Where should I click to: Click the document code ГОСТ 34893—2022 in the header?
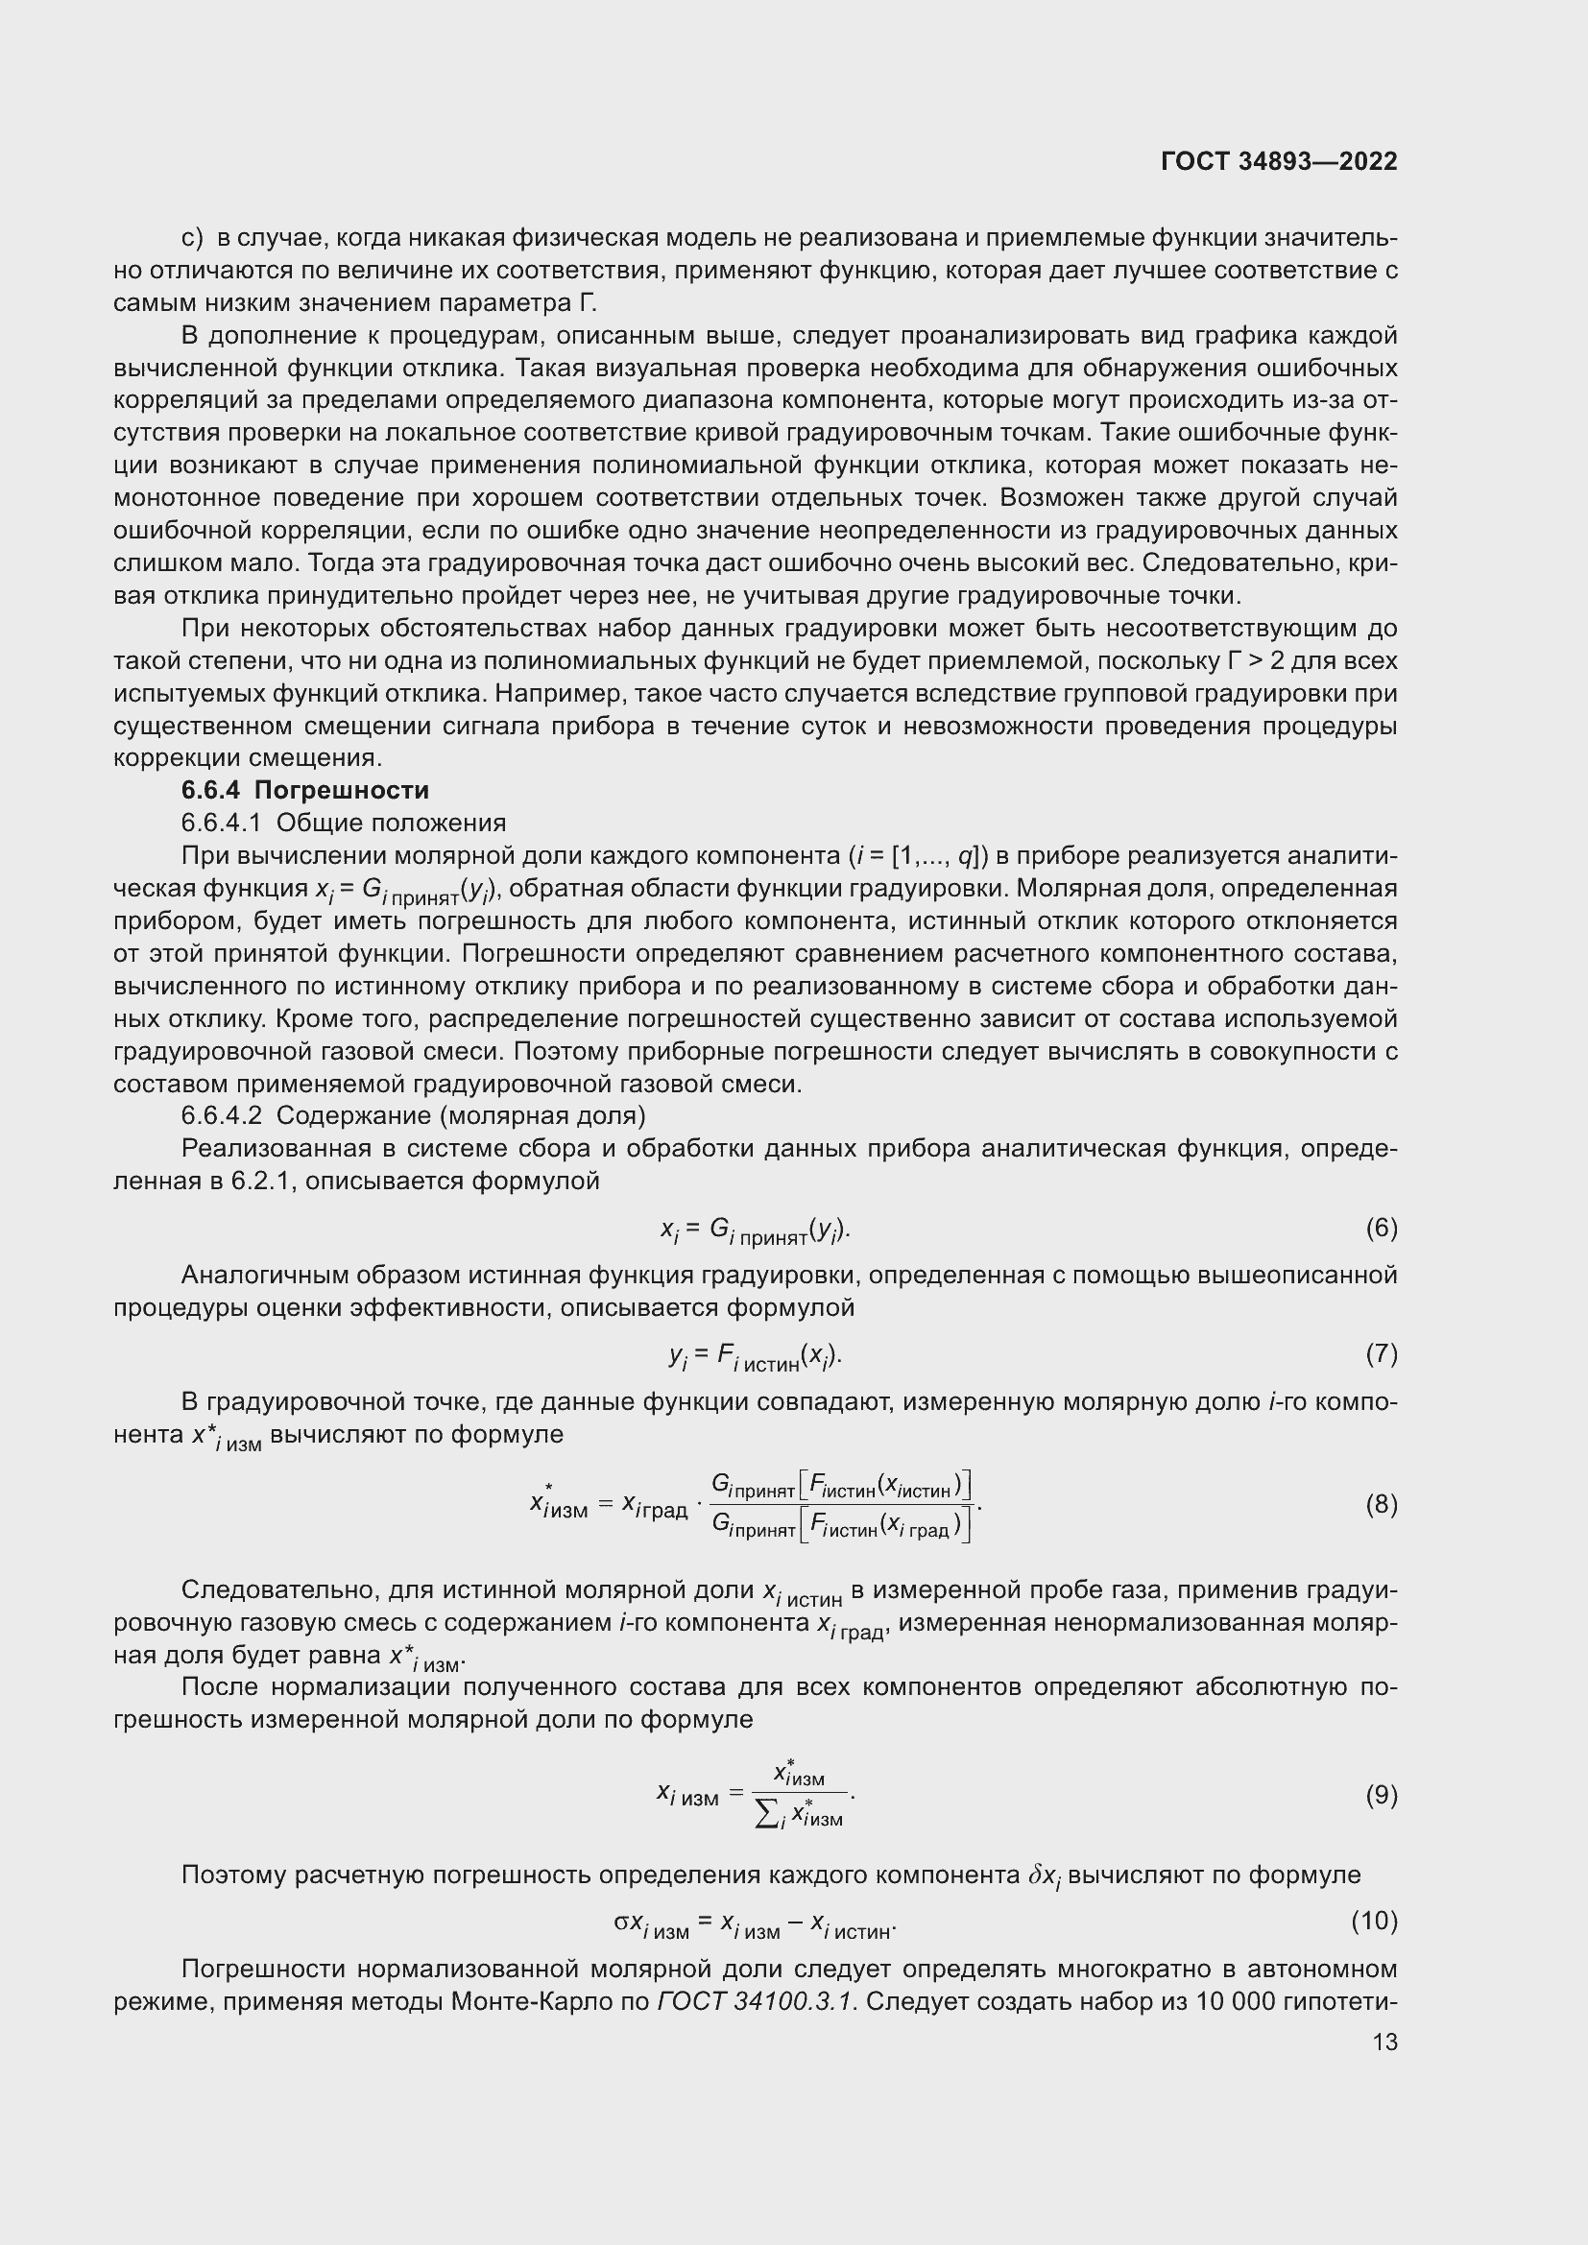point(1279,161)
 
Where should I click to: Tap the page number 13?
point(1384,2042)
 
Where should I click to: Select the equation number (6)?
point(1381,1229)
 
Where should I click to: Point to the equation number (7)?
point(1381,1354)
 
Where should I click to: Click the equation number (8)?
point(1381,1505)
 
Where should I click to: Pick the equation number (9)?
point(1381,1795)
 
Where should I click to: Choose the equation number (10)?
point(1374,1922)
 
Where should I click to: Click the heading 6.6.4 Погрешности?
point(305,790)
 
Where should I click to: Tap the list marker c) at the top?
point(193,238)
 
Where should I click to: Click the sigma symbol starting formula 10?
point(622,1922)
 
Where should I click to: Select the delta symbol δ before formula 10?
point(1038,1875)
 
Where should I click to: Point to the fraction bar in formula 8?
point(841,1504)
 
